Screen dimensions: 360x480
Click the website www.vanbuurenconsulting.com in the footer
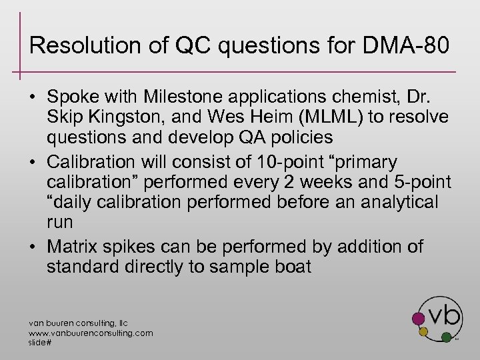[90, 333]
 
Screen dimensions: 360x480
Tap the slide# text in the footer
[39, 341]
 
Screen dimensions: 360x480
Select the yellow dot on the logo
[422, 331]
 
